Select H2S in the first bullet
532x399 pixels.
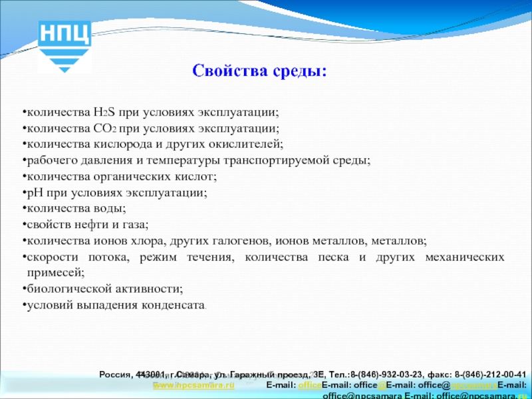tap(104, 112)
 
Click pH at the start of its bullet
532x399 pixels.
tap(33, 193)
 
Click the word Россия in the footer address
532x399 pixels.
tap(116, 374)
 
